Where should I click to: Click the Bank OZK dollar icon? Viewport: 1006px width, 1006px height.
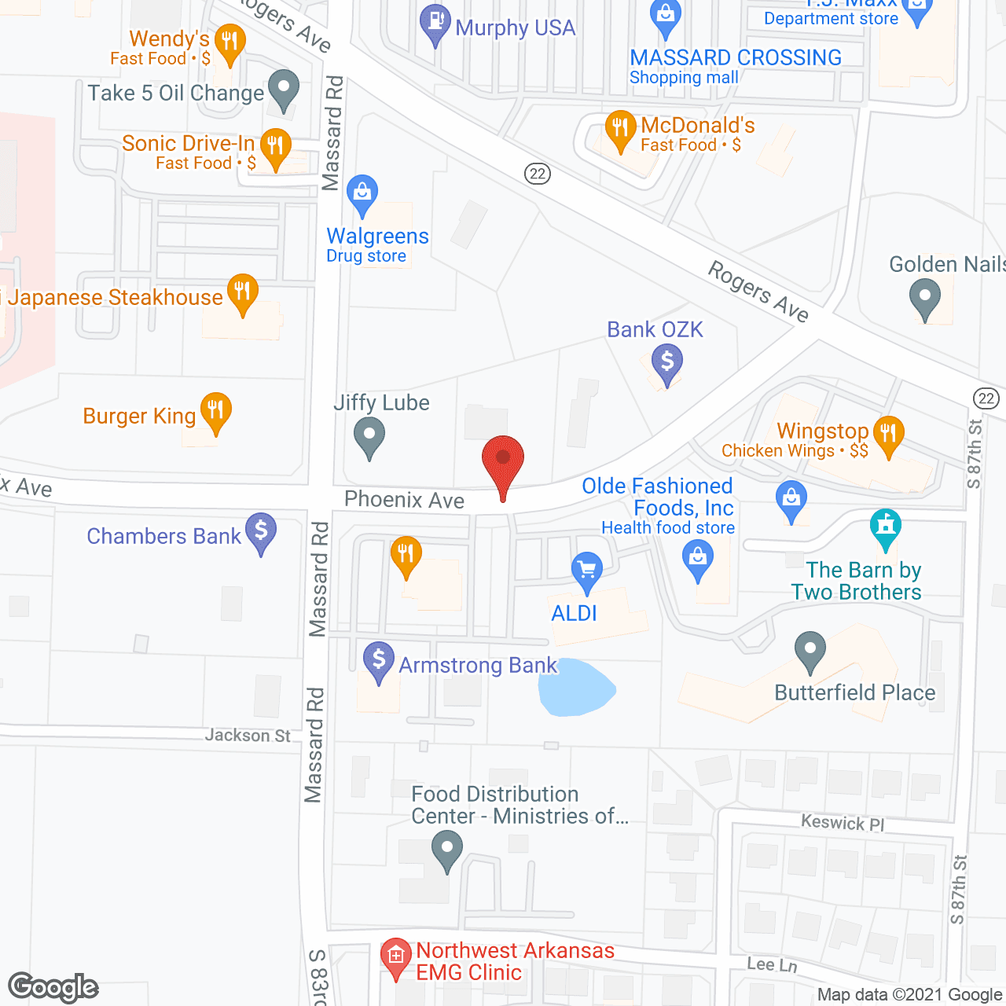[x=667, y=364]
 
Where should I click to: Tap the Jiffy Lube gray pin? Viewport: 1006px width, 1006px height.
[x=369, y=435]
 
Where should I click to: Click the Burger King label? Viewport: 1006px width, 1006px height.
[x=139, y=416]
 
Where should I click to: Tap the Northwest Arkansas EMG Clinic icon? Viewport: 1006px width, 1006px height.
[x=395, y=956]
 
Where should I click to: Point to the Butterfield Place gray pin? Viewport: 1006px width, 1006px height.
[x=810, y=651]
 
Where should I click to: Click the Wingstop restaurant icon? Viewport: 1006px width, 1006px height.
[x=888, y=434]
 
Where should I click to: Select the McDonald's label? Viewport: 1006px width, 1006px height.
[x=697, y=126]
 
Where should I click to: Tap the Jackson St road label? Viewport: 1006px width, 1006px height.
[x=248, y=736]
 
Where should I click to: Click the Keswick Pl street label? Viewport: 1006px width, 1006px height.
[x=843, y=823]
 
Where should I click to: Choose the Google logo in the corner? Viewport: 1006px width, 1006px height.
[x=53, y=987]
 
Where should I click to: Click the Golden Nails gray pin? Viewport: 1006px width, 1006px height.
[x=924, y=299]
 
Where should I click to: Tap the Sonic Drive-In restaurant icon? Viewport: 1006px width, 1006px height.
[x=274, y=147]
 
